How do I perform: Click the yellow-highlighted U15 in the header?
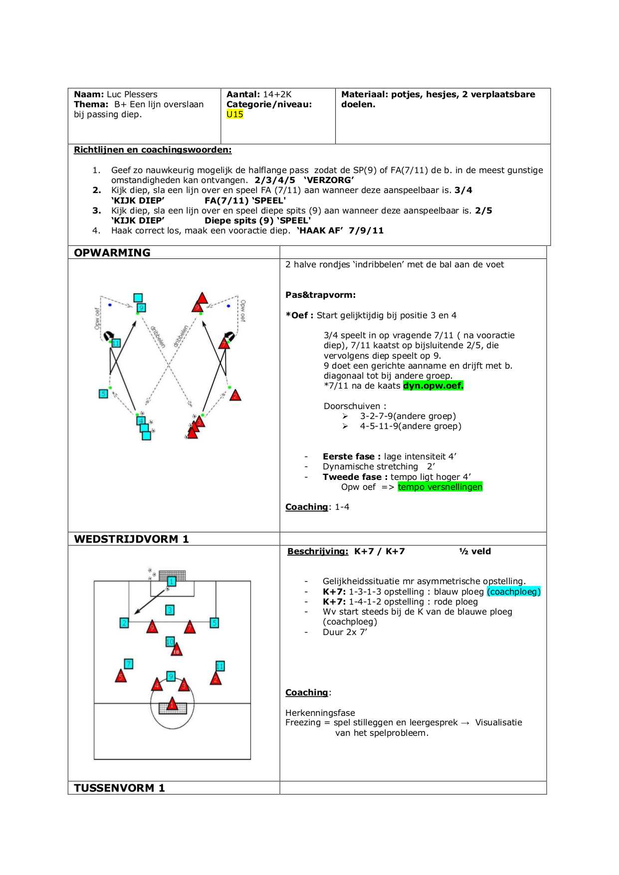[x=234, y=114]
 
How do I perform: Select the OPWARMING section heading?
[x=112, y=252]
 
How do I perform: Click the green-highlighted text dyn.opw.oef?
[x=433, y=386]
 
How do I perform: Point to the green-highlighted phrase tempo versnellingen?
[x=440, y=487]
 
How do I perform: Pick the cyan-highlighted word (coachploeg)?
[x=513, y=592]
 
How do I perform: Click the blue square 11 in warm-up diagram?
[x=116, y=343]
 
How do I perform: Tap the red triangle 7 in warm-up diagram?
[x=224, y=343]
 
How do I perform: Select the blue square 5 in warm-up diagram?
[x=103, y=394]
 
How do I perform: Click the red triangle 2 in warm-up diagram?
[x=235, y=396]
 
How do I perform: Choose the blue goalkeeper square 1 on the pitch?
[x=172, y=581]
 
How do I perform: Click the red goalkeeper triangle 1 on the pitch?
[x=172, y=704]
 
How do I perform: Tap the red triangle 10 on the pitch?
[x=177, y=650]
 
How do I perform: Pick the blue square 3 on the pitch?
[x=170, y=610]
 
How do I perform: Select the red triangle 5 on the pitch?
[x=121, y=676]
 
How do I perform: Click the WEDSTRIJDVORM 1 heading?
[x=131, y=539]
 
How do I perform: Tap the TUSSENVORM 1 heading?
[x=119, y=788]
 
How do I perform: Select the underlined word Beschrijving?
[x=318, y=551]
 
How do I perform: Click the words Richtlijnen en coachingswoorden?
[x=153, y=150]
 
